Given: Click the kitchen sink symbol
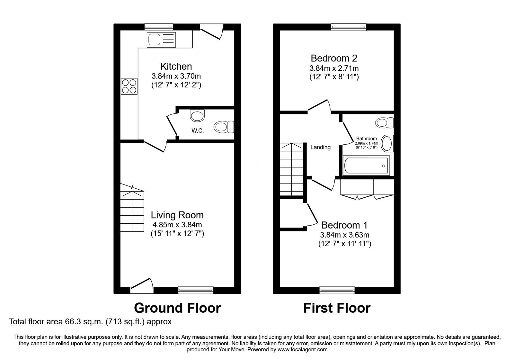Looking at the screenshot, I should (161, 40).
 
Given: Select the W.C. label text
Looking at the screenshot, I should (198, 131).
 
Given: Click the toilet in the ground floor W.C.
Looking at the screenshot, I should (224, 127).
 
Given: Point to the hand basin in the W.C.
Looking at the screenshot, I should (197, 115).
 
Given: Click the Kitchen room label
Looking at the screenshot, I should (176, 67).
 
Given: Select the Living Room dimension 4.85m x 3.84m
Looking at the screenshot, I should (177, 225).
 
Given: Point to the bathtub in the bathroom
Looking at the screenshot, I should (366, 166).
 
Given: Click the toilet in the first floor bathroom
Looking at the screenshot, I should (384, 122).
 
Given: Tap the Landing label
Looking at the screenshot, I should (320, 147).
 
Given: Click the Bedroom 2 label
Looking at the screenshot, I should (334, 58).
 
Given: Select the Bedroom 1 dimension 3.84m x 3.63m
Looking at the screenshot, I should (344, 235).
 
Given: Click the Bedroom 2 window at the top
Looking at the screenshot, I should (349, 27).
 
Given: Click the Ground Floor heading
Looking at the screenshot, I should (177, 308).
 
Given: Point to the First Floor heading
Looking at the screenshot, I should (337, 308).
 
